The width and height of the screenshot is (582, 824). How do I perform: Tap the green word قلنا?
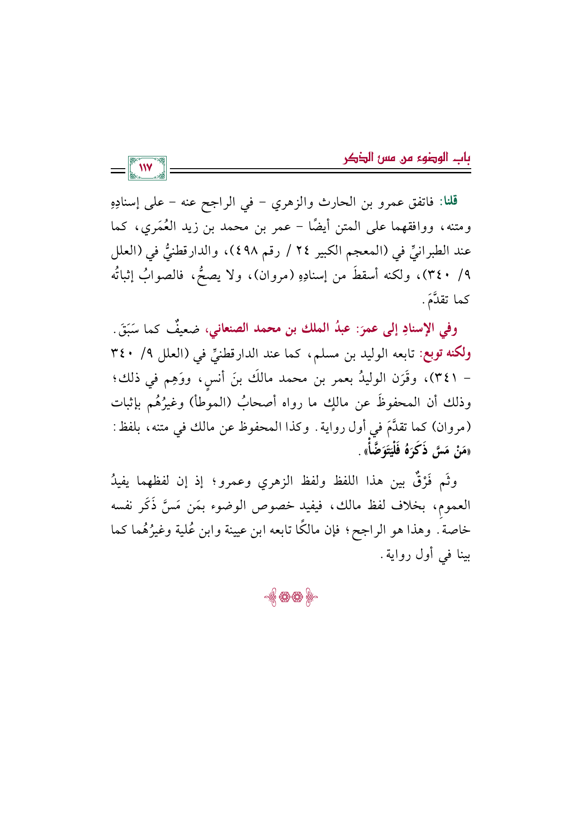[x=447, y=202]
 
